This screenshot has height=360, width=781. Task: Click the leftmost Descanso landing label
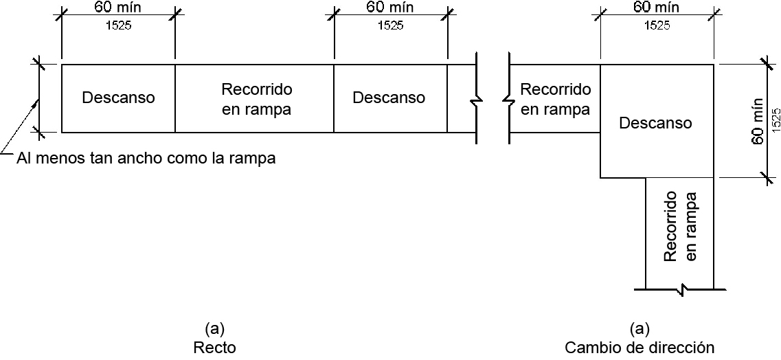point(118,98)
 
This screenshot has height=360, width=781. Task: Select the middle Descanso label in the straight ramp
point(389,98)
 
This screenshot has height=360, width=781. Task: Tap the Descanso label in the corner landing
point(655,123)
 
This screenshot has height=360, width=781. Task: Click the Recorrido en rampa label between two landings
point(257,99)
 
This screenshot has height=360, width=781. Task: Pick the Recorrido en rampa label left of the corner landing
point(555,99)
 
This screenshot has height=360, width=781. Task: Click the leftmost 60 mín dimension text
point(117,8)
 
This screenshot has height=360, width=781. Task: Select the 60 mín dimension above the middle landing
point(389,8)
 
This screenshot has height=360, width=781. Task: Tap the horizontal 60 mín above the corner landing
point(657,8)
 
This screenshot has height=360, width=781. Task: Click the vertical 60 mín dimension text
point(758,121)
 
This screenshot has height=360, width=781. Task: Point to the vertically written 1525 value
point(774,121)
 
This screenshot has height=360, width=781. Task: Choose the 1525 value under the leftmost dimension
point(118,26)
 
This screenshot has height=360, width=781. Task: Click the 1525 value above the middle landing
point(390,26)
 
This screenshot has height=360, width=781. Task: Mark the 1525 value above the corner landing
point(657,26)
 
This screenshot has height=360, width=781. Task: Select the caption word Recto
point(214,347)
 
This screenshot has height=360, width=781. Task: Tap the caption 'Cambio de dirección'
point(639,347)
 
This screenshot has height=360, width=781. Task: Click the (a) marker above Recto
point(214,328)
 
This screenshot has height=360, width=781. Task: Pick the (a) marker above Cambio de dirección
point(639,328)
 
